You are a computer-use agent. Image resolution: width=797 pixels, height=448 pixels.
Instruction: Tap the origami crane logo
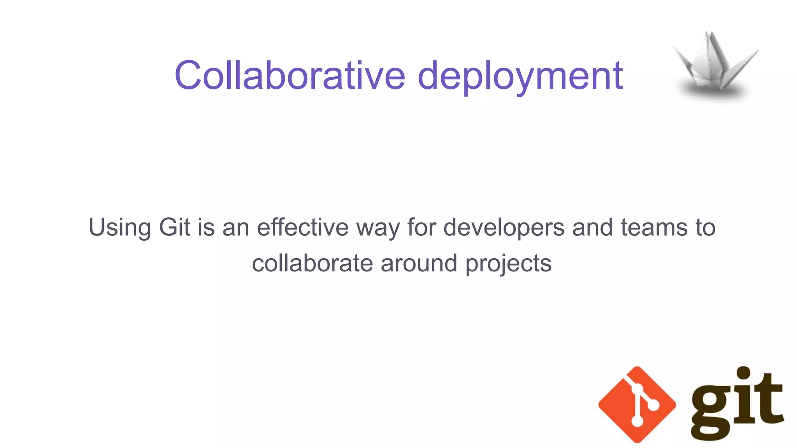click(x=715, y=62)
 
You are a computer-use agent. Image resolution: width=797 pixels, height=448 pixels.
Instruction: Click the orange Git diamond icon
click(x=637, y=404)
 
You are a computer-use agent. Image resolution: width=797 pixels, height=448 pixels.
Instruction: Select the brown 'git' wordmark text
click(x=737, y=404)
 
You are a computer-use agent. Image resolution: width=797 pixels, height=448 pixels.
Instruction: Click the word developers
click(x=504, y=227)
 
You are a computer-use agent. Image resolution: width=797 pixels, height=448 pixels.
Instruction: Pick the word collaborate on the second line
click(x=312, y=263)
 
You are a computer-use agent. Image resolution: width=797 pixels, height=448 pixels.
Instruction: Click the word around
click(x=419, y=263)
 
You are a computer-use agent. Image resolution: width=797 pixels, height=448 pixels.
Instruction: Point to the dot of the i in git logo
click(x=744, y=373)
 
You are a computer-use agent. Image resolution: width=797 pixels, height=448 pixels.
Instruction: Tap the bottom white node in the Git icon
click(x=637, y=422)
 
